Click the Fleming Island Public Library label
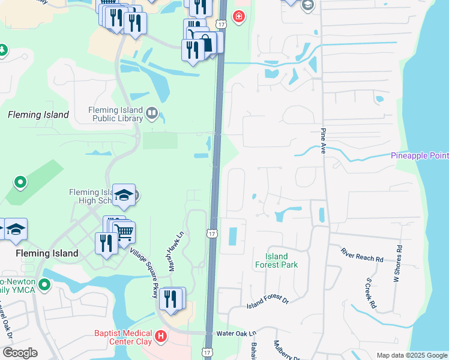[x=115, y=114]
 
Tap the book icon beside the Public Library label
[x=152, y=113]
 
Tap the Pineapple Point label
[x=420, y=155]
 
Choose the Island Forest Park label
[x=276, y=260]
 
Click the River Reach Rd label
[x=362, y=254]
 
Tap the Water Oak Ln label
[x=236, y=333]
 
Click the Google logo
[x=19, y=353]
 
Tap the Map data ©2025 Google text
[x=411, y=355]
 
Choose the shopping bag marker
[x=205, y=43]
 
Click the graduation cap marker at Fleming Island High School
[x=124, y=194]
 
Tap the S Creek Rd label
[x=370, y=294]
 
